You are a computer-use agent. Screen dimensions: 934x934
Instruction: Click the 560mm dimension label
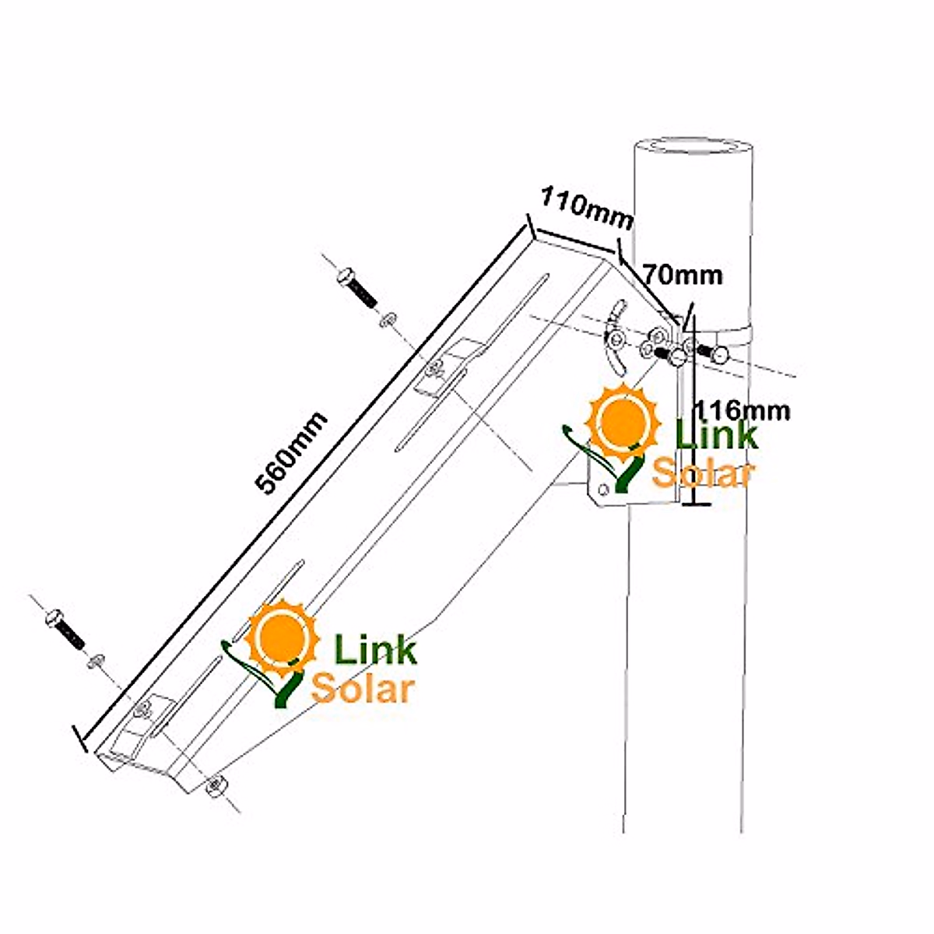[292, 453]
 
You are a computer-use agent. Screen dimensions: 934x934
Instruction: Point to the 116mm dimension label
[741, 409]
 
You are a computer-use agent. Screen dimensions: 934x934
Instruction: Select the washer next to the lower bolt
[96, 661]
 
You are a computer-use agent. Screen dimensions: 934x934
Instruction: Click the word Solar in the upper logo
[702, 472]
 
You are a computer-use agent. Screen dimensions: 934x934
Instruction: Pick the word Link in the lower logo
[375, 649]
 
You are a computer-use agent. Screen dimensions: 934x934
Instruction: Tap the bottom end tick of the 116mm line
[695, 504]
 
